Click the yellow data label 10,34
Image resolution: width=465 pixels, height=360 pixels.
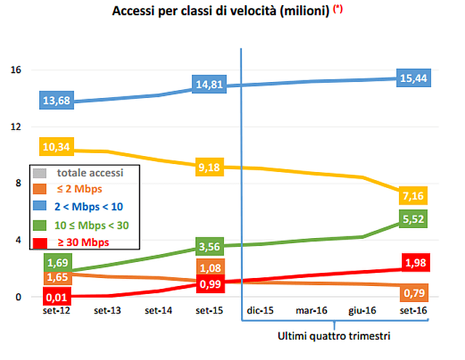57,147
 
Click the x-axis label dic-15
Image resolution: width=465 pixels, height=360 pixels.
260,311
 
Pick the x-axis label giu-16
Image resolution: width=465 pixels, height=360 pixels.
363,311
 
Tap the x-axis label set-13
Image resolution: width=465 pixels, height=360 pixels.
108,311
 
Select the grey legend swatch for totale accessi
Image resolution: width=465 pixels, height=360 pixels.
41,173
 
